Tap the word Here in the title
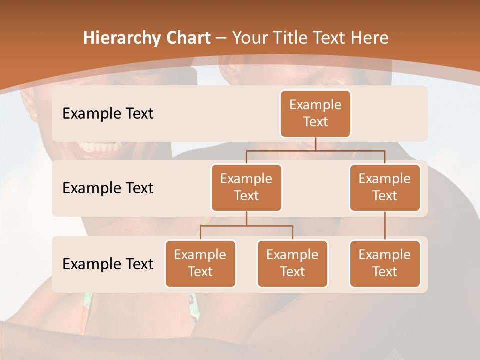click(370, 38)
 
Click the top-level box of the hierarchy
click(315, 114)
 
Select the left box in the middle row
click(246, 188)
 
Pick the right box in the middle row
click(385, 188)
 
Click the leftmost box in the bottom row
click(200, 264)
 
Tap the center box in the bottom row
click(292, 264)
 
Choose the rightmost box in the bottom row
click(385, 264)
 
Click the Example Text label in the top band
click(108, 114)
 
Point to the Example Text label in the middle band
click(108, 188)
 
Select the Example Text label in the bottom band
click(108, 264)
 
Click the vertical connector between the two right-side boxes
click(385, 225)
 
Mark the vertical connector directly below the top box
click(315, 144)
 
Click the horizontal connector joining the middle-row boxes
click(315, 150)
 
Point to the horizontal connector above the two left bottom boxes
click(246, 226)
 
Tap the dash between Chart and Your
click(221, 38)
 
